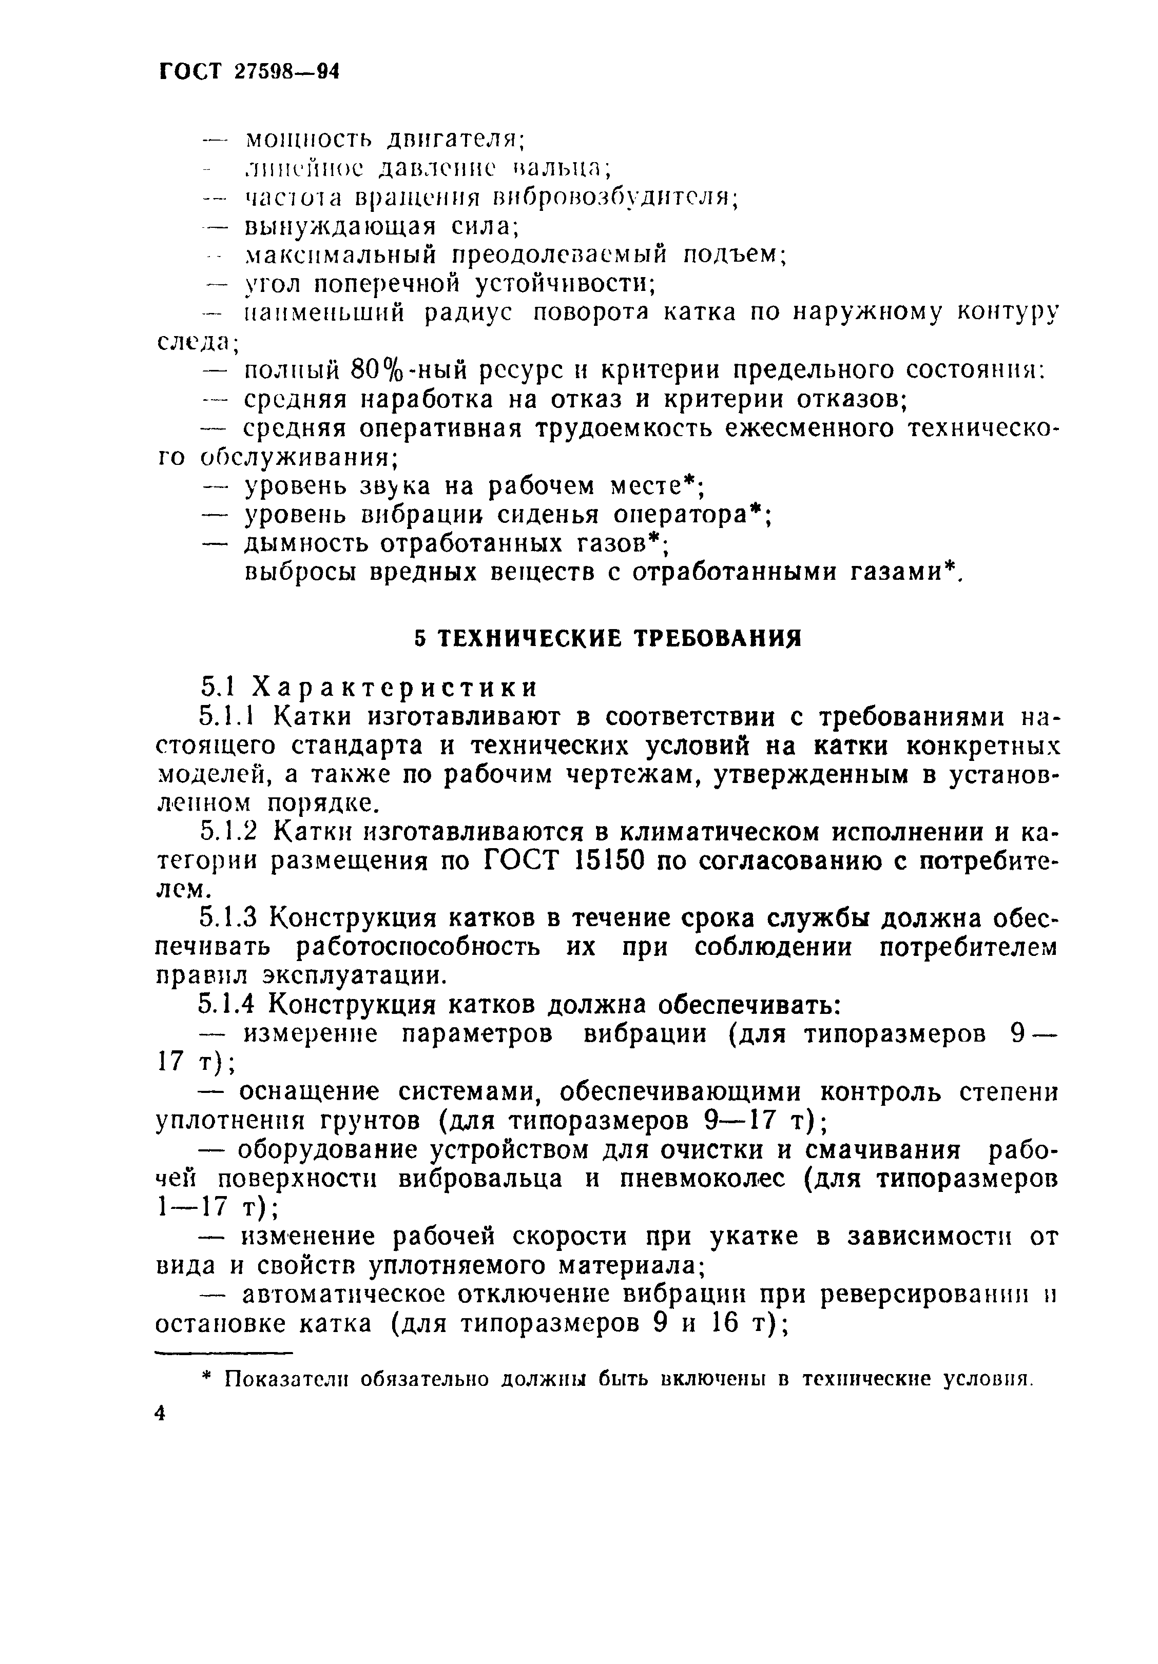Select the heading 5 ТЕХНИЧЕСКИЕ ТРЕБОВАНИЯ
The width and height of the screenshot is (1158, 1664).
tap(608, 638)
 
